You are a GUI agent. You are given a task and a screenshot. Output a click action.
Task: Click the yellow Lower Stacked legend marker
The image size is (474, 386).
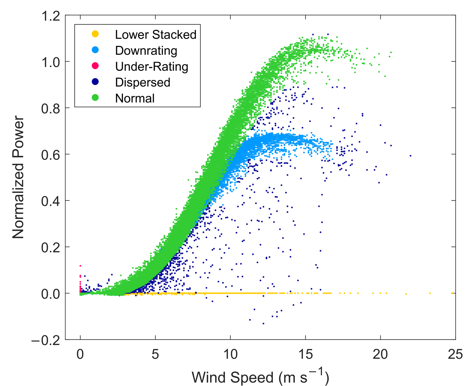point(95,34)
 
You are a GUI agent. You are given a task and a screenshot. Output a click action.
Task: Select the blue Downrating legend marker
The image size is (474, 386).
point(95,50)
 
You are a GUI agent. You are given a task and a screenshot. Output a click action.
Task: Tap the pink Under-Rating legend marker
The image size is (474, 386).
point(95,66)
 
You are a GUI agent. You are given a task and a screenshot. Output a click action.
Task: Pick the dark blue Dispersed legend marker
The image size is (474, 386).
point(95,82)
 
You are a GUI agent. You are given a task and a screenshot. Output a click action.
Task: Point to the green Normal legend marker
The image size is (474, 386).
point(95,98)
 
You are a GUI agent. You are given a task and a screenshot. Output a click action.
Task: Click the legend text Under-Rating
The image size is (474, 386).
point(152,67)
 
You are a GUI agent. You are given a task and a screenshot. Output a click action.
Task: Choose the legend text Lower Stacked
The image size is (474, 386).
point(155,34)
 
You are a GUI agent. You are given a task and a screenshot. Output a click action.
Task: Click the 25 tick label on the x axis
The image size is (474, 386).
point(455,355)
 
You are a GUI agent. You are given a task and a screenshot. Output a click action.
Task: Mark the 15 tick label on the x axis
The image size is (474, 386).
point(305,355)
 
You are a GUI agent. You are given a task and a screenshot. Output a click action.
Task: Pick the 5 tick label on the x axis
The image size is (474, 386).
point(155,355)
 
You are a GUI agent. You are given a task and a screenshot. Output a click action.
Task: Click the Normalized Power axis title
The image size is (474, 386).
point(18,177)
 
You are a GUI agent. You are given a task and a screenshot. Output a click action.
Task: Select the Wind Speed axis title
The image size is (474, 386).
point(260,377)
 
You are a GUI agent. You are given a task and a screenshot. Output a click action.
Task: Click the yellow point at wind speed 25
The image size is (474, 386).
point(453,293)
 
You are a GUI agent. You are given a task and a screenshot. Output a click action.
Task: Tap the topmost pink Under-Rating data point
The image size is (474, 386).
point(80,266)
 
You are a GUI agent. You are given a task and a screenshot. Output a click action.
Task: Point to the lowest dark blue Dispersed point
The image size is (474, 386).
point(263,324)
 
